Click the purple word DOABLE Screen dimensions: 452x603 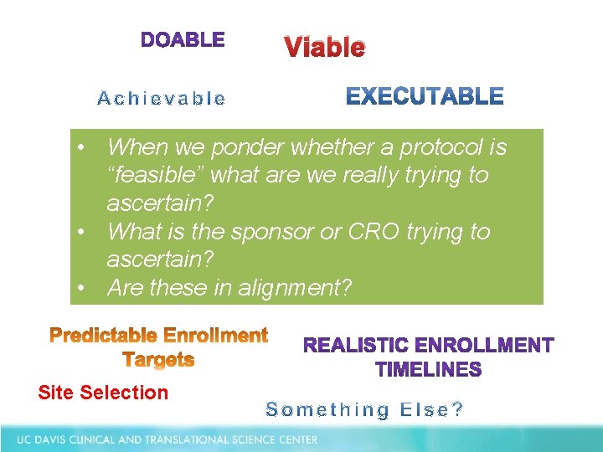click(183, 39)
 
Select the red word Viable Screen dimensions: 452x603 click(324, 48)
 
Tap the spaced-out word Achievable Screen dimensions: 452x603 click(162, 99)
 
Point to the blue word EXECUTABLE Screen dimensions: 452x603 click(425, 97)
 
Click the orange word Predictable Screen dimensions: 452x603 click(103, 336)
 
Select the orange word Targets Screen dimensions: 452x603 click(158, 360)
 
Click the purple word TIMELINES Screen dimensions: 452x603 click(428, 369)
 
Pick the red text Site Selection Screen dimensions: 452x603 click(103, 393)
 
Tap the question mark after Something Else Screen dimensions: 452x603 click(457, 410)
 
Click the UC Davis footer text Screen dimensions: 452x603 click(167, 439)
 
